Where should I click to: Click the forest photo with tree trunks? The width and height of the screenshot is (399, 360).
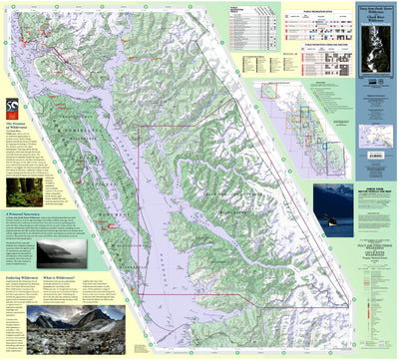tap(19, 186)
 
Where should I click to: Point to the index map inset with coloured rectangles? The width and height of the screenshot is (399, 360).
tap(295, 120)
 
